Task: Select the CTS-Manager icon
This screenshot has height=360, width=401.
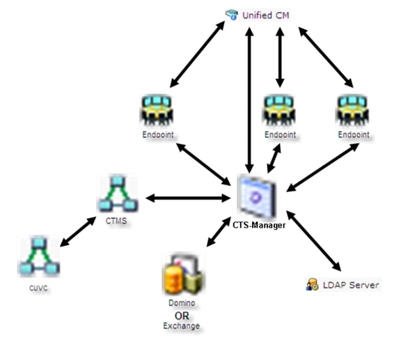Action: (256, 196)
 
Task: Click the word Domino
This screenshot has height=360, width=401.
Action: (180, 304)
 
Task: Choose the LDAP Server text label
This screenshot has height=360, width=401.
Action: (350, 285)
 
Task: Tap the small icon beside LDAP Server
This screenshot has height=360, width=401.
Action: (311, 285)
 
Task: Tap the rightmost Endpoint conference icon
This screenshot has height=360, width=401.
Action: (351, 110)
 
